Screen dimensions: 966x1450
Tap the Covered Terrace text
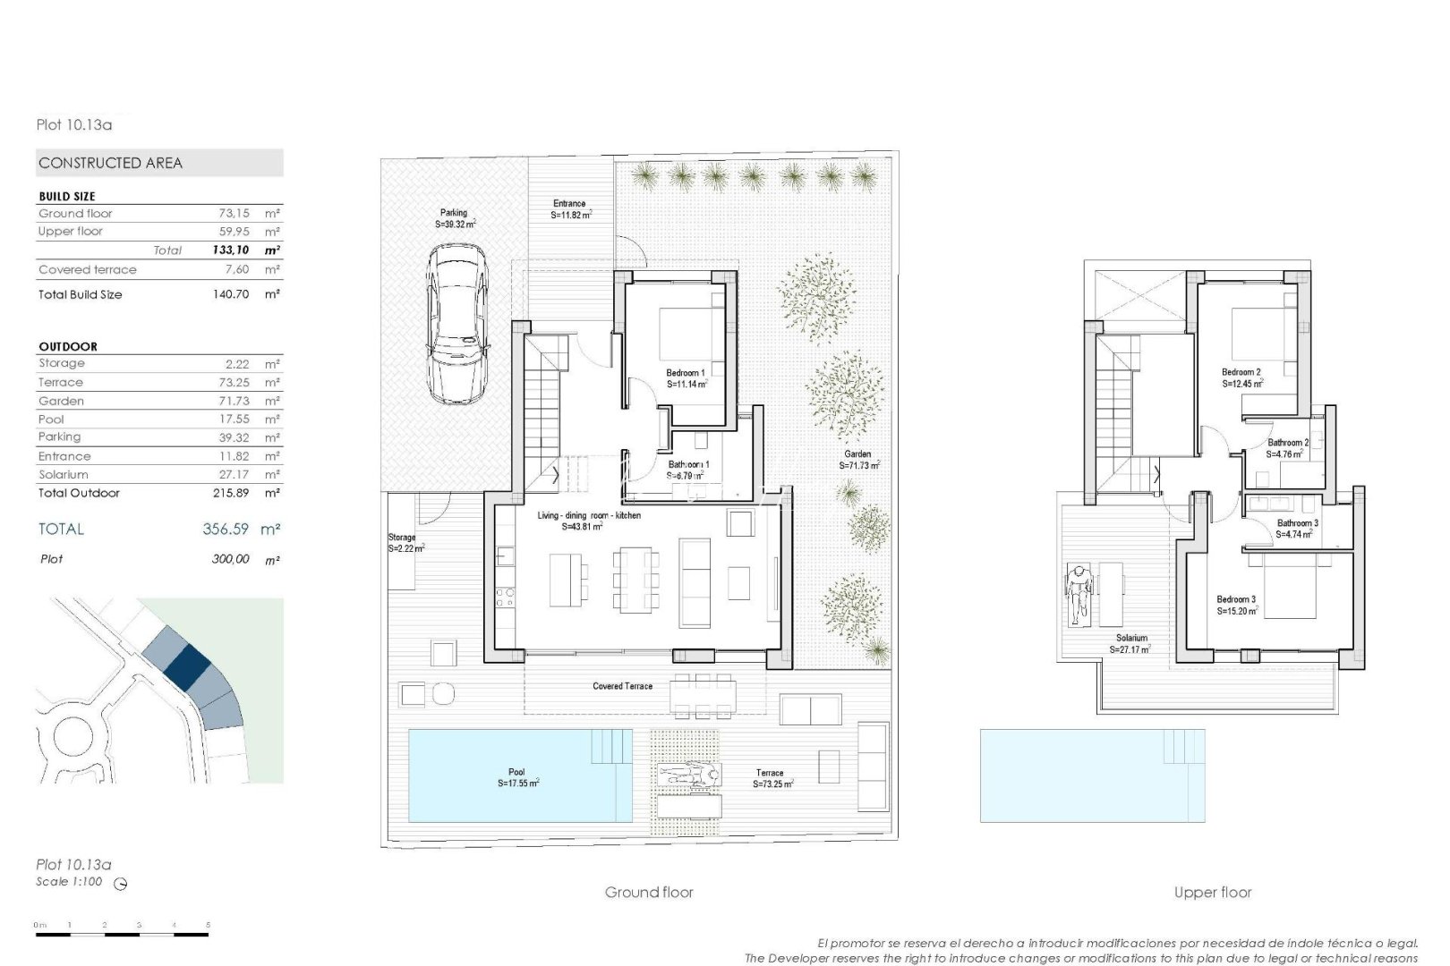click(622, 686)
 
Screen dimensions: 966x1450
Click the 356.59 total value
click(226, 529)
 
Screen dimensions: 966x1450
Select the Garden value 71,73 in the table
click(234, 401)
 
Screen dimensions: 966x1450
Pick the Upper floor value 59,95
click(234, 231)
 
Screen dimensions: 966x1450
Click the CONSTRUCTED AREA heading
click(110, 163)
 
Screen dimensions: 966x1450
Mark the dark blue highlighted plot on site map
click(187, 666)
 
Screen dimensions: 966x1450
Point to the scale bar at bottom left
click(122, 934)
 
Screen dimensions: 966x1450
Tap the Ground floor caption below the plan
click(649, 892)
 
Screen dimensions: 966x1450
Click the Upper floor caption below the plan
click(1213, 892)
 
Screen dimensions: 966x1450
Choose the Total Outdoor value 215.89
click(231, 493)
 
